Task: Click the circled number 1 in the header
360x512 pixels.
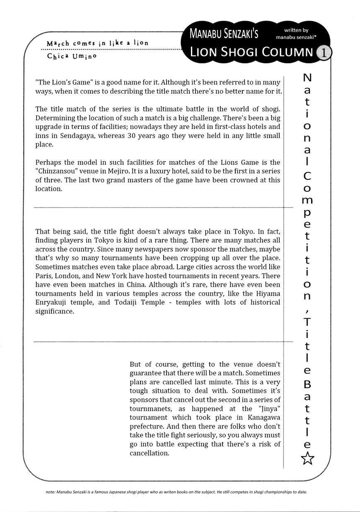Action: [x=324, y=53]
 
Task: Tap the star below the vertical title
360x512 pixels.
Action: [x=307, y=459]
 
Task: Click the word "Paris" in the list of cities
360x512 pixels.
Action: [x=44, y=276]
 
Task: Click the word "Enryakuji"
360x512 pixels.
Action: [x=56, y=302]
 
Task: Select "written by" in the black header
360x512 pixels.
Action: [x=296, y=30]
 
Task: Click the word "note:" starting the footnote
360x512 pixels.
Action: [x=51, y=492]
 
